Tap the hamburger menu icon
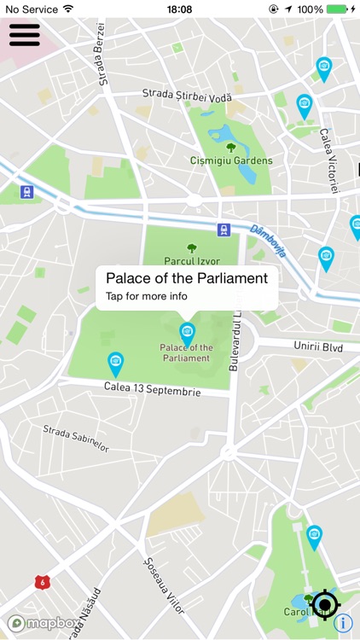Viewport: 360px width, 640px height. click(25, 33)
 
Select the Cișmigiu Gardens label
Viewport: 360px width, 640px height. click(231, 160)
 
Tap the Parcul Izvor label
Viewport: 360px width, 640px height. click(192, 261)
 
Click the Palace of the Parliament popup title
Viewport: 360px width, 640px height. click(187, 278)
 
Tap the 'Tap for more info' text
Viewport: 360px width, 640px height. click(147, 297)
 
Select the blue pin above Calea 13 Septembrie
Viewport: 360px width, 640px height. click(116, 364)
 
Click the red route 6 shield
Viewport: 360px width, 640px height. click(41, 581)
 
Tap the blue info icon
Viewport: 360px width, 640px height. click(343, 623)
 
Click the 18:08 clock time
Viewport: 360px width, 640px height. click(180, 9)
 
